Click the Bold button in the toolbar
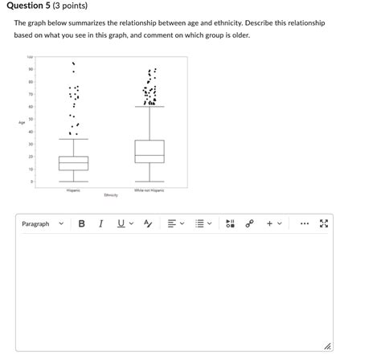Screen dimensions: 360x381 [x=81, y=223]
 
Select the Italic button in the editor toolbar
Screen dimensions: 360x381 [x=101, y=223]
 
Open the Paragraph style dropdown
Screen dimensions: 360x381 [x=42, y=223]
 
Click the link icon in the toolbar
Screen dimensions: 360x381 [x=249, y=223]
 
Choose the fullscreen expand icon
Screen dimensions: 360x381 [x=323, y=223]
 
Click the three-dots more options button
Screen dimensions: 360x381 [x=303, y=223]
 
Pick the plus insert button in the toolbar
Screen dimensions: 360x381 [x=270, y=223]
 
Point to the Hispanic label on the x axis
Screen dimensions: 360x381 [x=73, y=190]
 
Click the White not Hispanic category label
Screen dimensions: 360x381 [x=149, y=190]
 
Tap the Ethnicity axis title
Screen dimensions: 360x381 [x=111, y=195]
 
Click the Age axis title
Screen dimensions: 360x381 [x=22, y=122]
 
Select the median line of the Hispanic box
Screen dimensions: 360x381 [x=73, y=163]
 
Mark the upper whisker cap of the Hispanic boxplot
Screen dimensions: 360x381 [x=73, y=139]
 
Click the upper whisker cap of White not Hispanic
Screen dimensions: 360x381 [x=149, y=107]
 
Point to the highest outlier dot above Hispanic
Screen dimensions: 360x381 [x=73, y=63]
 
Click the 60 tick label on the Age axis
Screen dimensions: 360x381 [x=31, y=107]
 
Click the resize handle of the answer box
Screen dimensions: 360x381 [x=327, y=347]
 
